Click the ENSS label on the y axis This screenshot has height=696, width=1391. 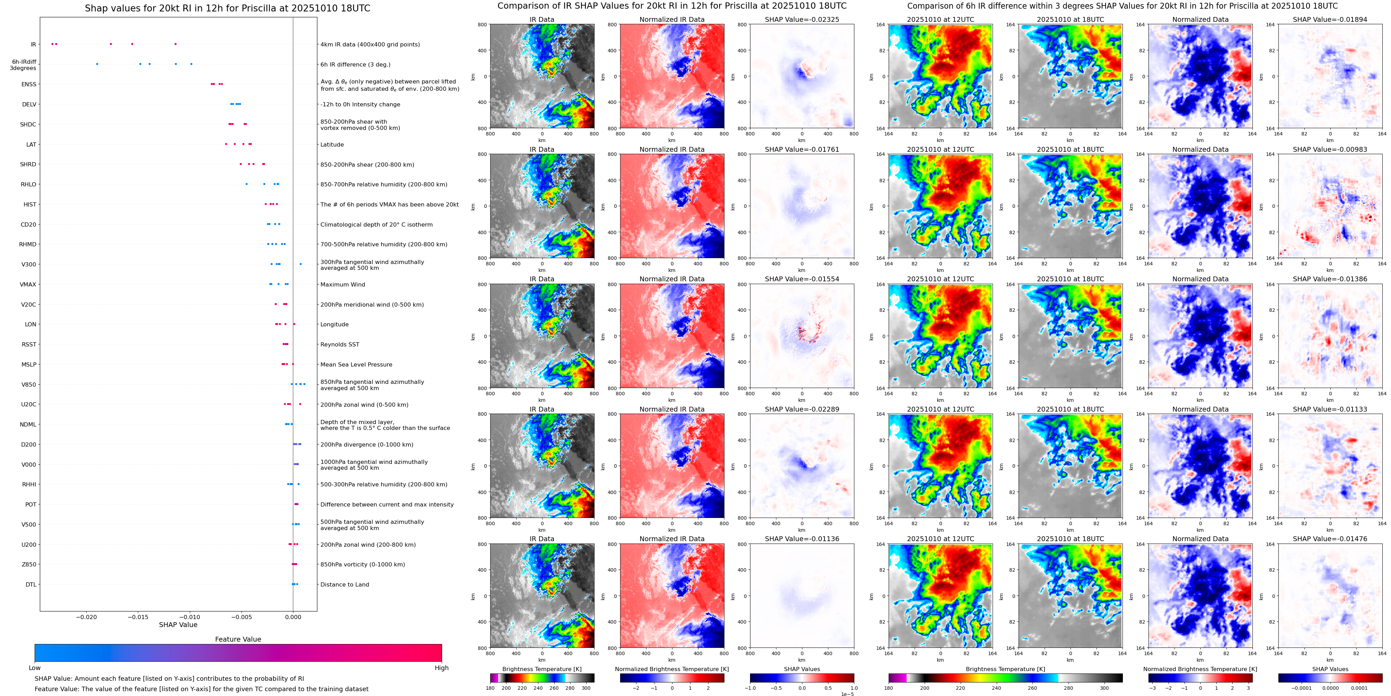pos(29,84)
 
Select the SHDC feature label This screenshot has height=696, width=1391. pos(28,124)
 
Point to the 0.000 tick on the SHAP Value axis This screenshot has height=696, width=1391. pos(293,617)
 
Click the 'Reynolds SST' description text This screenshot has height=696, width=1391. pos(340,344)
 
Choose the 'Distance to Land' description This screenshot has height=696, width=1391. pos(344,584)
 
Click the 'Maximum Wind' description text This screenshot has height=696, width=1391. pos(342,284)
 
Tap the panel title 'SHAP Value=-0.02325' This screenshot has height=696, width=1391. pos(802,19)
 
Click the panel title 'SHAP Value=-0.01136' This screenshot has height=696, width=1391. pos(802,539)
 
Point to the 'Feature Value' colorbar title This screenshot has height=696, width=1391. pos(238,639)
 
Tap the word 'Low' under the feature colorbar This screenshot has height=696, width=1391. pos(35,668)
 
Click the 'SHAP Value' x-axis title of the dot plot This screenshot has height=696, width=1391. pos(178,625)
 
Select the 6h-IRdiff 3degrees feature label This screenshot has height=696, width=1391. pos(23,65)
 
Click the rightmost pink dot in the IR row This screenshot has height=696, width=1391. pos(175,44)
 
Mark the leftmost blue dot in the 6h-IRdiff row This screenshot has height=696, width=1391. pos(97,64)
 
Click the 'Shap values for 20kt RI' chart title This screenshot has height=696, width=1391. pos(227,8)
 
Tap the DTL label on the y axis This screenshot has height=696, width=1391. pos(31,584)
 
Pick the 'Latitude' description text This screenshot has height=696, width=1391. pos(332,145)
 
